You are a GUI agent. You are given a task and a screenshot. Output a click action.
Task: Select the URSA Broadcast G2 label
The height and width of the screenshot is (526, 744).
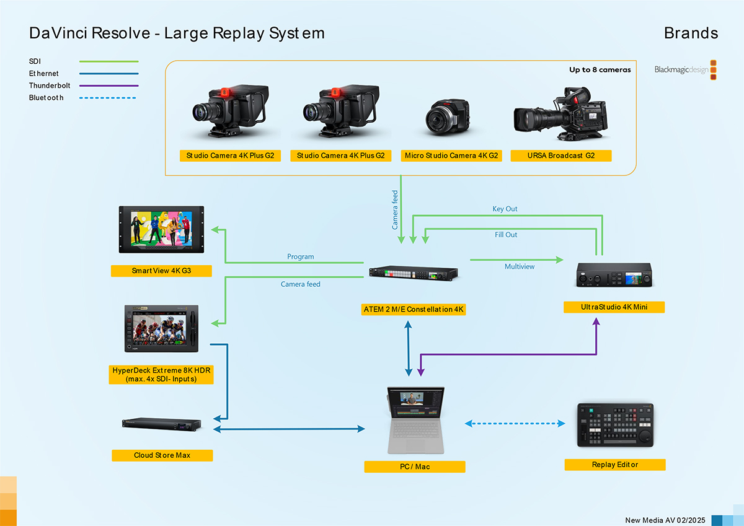pos(561,156)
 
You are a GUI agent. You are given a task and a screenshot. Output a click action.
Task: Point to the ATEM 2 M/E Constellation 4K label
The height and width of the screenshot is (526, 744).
pos(414,309)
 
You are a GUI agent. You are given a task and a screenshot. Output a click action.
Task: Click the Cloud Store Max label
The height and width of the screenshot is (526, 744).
pos(162,455)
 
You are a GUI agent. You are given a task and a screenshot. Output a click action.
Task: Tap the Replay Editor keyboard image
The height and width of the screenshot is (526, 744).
pos(615,424)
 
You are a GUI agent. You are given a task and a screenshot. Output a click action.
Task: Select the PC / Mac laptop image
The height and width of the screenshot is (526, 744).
pos(414,419)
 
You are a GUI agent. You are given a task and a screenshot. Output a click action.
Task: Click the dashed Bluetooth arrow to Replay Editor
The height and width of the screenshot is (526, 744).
pos(515,424)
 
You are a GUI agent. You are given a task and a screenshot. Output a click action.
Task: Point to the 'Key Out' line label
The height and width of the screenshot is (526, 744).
pos(505,209)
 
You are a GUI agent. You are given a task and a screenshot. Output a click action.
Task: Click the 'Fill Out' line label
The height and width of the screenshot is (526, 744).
pos(506,235)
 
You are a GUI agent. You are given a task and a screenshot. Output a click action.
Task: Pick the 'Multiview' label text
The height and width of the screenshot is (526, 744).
pos(520,266)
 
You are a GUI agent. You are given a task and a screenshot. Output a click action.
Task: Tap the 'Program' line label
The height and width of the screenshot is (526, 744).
pos(301,256)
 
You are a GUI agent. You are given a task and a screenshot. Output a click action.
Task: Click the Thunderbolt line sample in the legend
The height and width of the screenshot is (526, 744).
pos(108,85)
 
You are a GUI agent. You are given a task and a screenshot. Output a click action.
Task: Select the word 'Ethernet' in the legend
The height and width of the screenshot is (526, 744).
pos(44,74)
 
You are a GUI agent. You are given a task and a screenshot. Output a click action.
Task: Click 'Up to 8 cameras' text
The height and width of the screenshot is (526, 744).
pos(600,70)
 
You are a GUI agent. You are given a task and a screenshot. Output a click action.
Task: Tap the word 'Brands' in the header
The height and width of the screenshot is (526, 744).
pos(691,33)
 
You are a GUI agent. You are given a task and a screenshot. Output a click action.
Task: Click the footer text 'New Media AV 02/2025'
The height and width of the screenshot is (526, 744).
pos(665,520)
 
